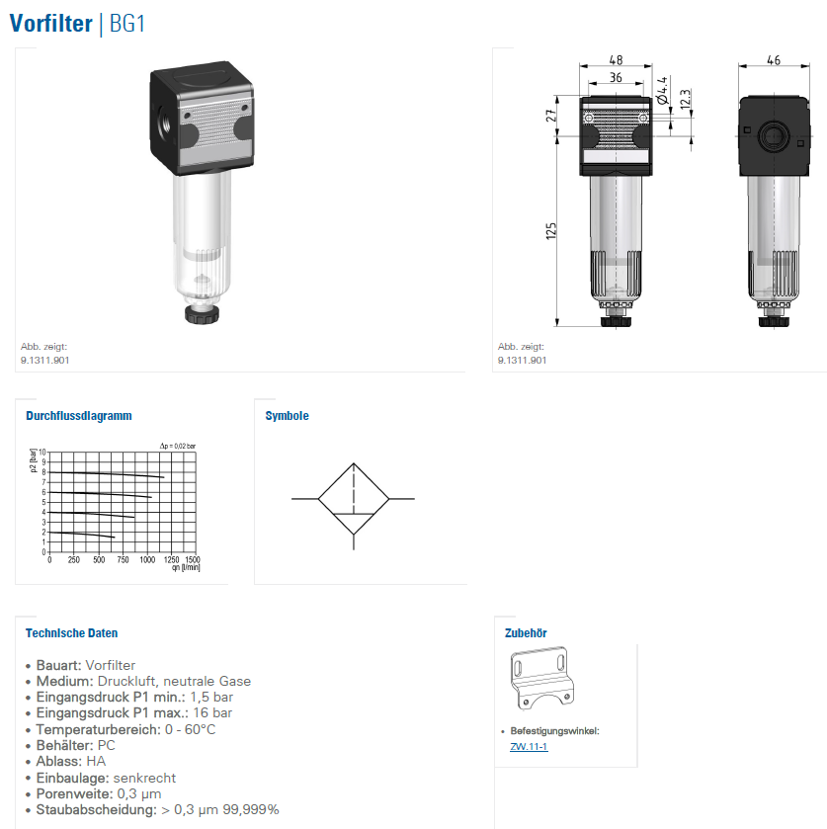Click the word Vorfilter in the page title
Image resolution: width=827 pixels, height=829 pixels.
[x=50, y=24]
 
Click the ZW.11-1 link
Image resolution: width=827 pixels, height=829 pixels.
[x=529, y=747]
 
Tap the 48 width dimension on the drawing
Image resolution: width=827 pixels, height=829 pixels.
[x=616, y=59]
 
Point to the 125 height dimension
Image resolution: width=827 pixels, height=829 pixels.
[x=551, y=231]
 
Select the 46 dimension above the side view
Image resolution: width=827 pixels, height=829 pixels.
[x=774, y=60]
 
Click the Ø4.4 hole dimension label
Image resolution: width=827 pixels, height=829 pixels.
[x=662, y=90]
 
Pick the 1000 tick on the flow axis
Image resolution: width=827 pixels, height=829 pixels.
[x=147, y=560]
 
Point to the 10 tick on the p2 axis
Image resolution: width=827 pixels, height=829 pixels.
[x=42, y=452]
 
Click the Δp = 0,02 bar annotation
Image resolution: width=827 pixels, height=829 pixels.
[x=178, y=446]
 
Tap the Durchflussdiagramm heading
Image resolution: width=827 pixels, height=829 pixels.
[x=79, y=416]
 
